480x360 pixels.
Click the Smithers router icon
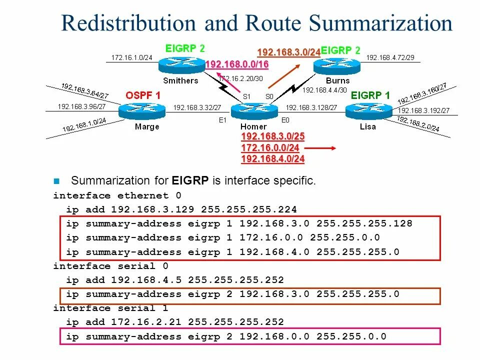click(x=181, y=64)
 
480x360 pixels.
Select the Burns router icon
click(x=337, y=64)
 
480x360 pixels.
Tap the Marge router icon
click(x=142, y=110)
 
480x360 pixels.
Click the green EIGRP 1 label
click(x=370, y=95)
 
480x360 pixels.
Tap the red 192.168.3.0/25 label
click(x=273, y=137)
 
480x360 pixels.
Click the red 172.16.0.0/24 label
click(x=270, y=148)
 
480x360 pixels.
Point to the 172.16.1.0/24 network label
click(x=131, y=57)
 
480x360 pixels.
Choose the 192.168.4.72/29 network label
click(x=390, y=57)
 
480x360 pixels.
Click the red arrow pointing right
click(x=320, y=148)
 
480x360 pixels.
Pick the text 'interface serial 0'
click(x=110, y=266)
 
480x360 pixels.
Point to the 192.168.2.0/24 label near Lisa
click(x=418, y=123)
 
